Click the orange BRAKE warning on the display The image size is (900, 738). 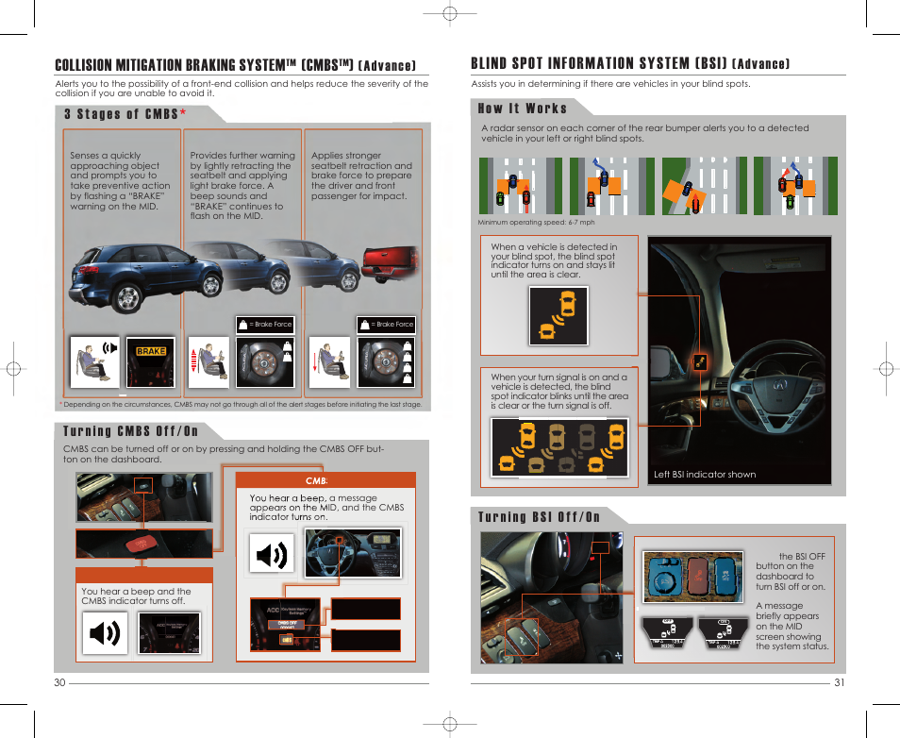150,351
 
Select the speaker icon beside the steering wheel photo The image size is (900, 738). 272,553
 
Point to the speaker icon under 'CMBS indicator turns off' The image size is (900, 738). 104,632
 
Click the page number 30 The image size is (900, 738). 59,683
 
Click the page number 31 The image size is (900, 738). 839,683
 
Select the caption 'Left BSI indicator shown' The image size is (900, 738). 705,475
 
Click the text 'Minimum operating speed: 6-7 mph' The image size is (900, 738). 536,223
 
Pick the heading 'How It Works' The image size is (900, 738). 522,109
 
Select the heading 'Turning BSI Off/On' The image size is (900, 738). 539,516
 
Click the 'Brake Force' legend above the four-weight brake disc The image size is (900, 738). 392,324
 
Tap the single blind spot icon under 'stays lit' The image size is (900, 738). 558,314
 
